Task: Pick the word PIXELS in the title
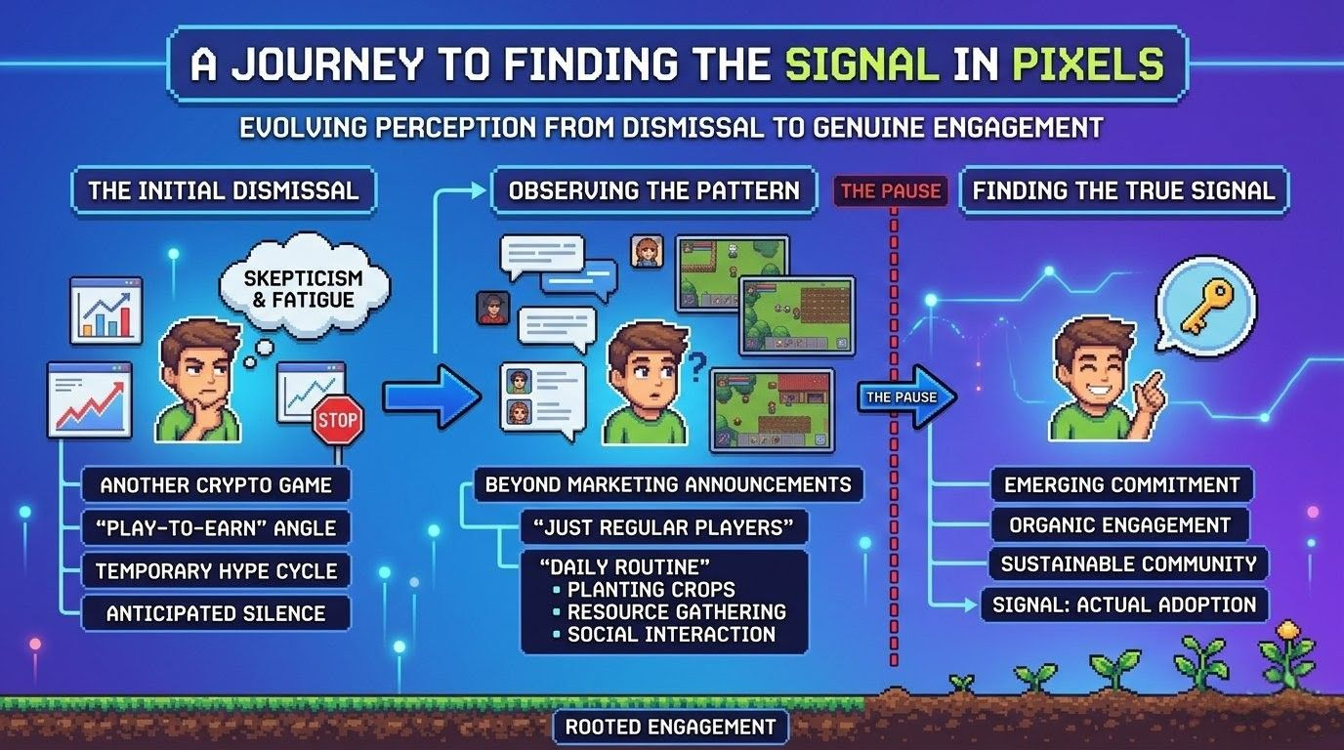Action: point(1088,63)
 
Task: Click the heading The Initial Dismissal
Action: point(224,189)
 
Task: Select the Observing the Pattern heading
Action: point(653,189)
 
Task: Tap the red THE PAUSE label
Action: point(891,190)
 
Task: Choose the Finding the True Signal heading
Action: point(1123,189)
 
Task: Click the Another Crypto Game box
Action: point(216,485)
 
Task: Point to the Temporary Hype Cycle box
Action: point(216,570)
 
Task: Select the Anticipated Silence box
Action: point(216,613)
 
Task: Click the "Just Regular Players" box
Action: point(664,527)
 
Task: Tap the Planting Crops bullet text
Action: point(651,590)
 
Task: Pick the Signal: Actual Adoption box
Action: point(1124,604)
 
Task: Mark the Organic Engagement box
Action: point(1119,525)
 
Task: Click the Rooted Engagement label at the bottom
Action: point(669,727)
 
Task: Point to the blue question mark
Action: point(695,367)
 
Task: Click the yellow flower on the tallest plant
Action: point(1288,632)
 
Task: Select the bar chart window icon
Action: point(105,310)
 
